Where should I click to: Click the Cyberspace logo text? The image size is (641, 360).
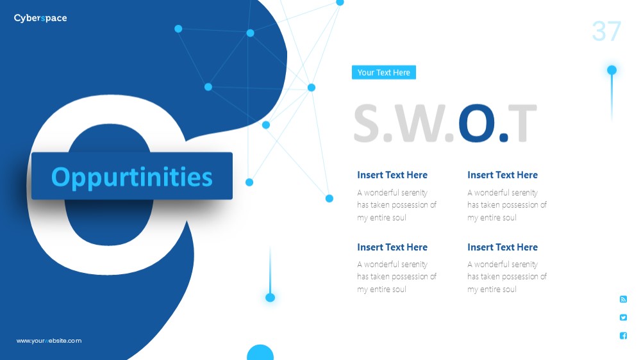coord(40,18)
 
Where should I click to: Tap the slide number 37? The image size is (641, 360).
coord(606,31)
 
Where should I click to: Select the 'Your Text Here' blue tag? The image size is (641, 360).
coord(383,72)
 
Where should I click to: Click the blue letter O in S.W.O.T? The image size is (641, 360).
coord(476,124)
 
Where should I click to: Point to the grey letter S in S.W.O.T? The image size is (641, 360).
coord(367,124)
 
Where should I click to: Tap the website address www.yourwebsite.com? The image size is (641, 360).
coord(49,341)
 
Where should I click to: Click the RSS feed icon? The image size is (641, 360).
coord(623,299)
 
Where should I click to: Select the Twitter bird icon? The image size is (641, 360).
coord(623,318)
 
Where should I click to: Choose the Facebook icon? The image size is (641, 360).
coord(623,336)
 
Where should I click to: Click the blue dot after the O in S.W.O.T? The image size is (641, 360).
coord(504,137)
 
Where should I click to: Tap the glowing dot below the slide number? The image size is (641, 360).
coord(612,70)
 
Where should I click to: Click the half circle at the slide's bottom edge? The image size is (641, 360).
coord(260,353)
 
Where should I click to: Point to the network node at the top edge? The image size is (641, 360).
coord(340,3)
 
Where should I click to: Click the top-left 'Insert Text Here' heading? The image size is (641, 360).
coord(392,175)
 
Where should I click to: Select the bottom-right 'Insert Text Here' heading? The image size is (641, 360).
coord(503,247)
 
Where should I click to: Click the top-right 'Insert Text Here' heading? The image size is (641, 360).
coord(503,175)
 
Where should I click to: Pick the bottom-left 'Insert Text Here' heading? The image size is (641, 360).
coord(392,247)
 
